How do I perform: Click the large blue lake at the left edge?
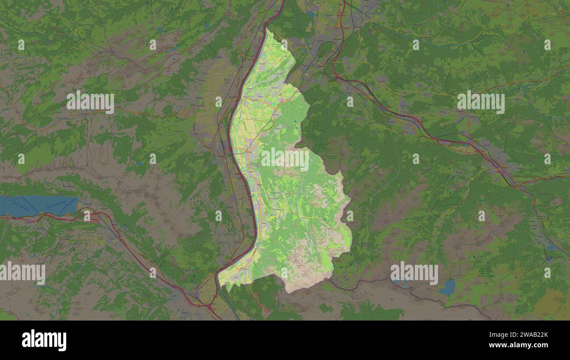click(x=37, y=205)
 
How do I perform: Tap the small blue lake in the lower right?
click(x=448, y=287)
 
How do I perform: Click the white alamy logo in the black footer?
click(x=44, y=340)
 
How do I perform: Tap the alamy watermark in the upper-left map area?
click(x=90, y=102)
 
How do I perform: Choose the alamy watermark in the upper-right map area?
click(x=481, y=102)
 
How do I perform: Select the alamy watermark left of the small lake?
click(x=414, y=273)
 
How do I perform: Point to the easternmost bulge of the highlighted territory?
click(x=349, y=202)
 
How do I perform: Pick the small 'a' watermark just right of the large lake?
click(x=87, y=215)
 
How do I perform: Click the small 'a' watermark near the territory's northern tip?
click(x=284, y=45)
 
